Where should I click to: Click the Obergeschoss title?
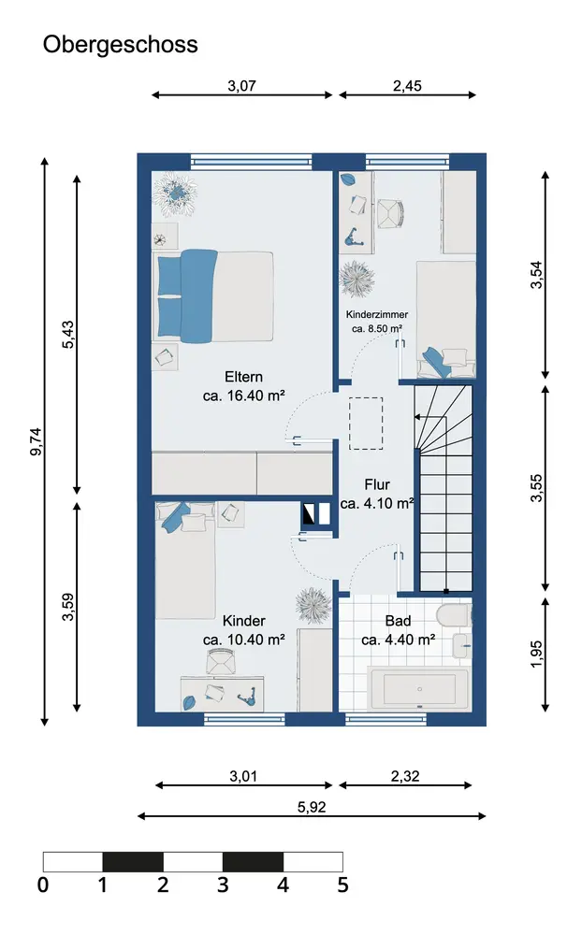(x=120, y=45)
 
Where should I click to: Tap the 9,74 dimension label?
(x=36, y=442)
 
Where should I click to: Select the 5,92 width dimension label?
(x=312, y=807)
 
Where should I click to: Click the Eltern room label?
(x=243, y=377)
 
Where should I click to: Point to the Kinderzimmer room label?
(x=377, y=314)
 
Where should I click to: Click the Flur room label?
(x=377, y=484)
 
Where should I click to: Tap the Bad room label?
(x=399, y=621)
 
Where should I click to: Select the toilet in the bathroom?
(x=454, y=614)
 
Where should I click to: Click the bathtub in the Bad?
(x=419, y=689)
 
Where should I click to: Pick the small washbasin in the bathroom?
(x=461, y=646)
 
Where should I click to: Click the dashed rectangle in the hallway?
(x=366, y=424)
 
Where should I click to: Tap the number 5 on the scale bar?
(x=342, y=885)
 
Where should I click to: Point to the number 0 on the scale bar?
(x=43, y=885)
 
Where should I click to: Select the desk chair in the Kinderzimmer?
(x=390, y=213)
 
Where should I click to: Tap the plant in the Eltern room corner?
(x=176, y=193)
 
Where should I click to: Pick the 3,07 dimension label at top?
(x=241, y=86)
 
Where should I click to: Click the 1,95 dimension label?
(x=536, y=654)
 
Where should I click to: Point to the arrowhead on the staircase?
(x=416, y=417)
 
